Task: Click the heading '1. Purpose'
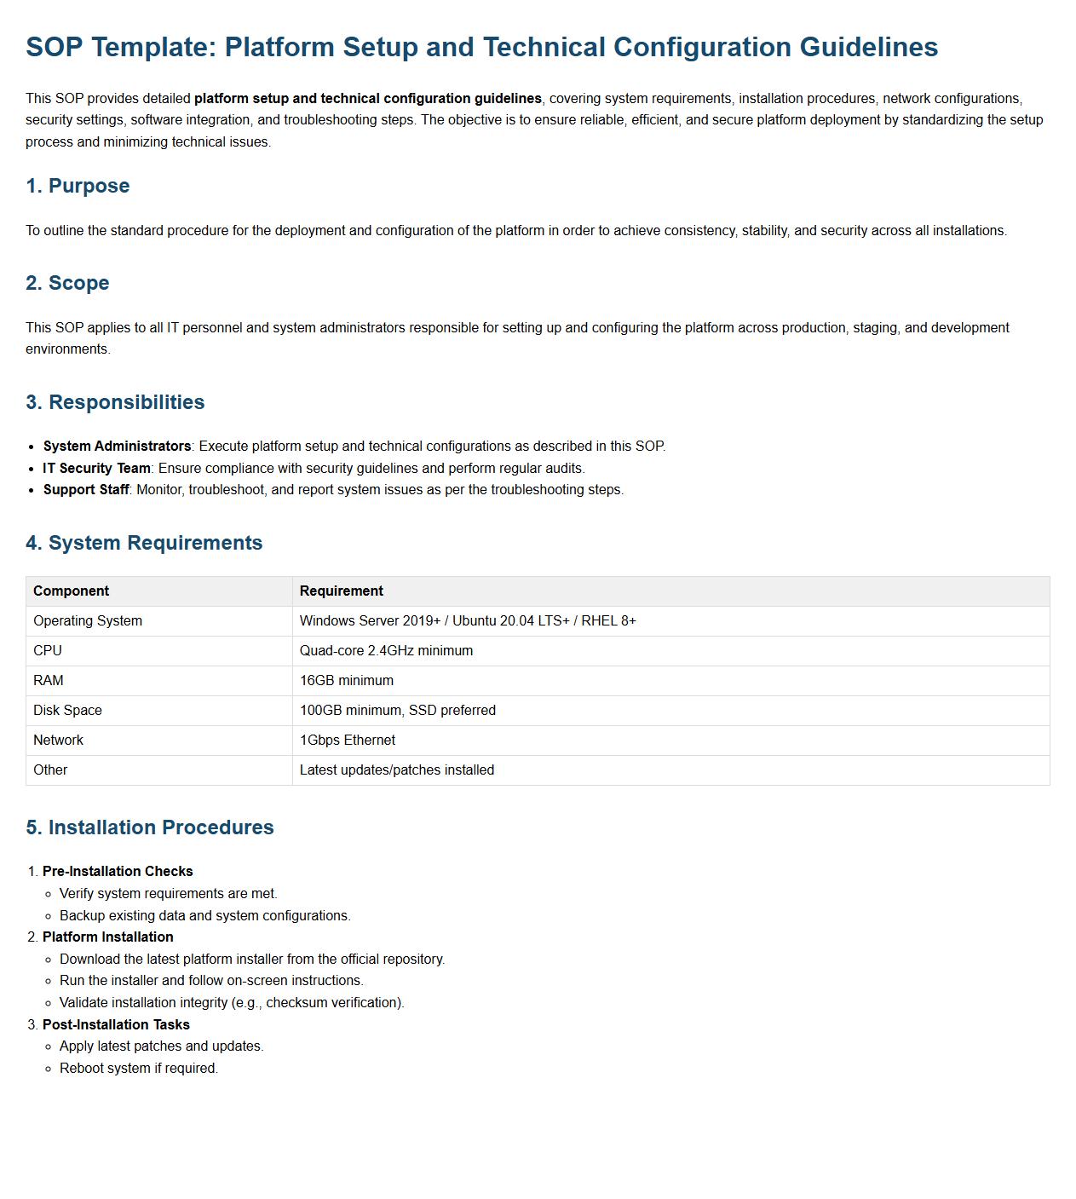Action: (x=78, y=186)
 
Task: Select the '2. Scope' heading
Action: (x=67, y=283)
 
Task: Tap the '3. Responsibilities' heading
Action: (x=115, y=402)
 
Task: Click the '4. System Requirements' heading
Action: (x=144, y=543)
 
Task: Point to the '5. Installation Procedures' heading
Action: (x=150, y=827)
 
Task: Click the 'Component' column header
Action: (x=71, y=591)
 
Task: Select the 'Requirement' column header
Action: (x=341, y=591)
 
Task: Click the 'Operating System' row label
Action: (x=88, y=621)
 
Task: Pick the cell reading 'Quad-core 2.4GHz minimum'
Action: (x=386, y=651)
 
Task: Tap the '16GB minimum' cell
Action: (x=346, y=681)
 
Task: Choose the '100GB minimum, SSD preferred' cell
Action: (x=397, y=711)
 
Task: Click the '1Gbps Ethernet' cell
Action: (x=347, y=741)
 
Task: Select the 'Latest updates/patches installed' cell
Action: (x=396, y=770)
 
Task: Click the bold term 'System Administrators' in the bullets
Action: (x=117, y=447)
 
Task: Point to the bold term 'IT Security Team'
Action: (x=96, y=469)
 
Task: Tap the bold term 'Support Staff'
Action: (x=86, y=490)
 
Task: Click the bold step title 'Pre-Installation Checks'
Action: (x=118, y=872)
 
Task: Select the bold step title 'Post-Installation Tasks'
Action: (x=116, y=1025)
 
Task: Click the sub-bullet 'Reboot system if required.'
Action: (x=139, y=1069)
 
